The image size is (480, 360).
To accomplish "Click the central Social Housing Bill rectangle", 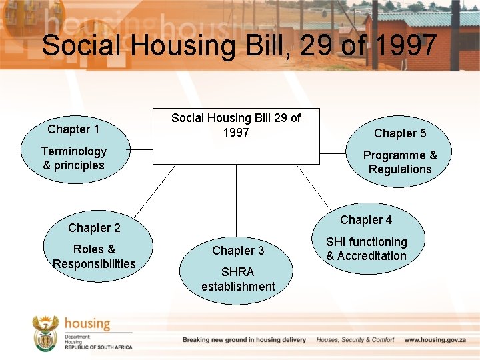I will (236, 136).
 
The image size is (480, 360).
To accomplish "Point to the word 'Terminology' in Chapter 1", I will (73, 151).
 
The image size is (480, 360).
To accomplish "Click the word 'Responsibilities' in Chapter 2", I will (94, 263).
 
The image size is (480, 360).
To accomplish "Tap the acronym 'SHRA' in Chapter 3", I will (238, 272).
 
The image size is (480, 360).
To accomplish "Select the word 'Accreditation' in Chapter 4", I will (371, 256).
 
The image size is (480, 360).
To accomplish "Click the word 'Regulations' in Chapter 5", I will (400, 169).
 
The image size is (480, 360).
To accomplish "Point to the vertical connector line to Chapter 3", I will (236, 200).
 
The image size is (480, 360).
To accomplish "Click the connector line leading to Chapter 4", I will (313, 187).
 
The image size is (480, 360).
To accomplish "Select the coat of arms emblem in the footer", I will (46, 333).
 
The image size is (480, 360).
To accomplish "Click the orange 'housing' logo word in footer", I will (87, 324).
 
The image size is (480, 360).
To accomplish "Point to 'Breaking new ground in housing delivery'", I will (244, 340).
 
